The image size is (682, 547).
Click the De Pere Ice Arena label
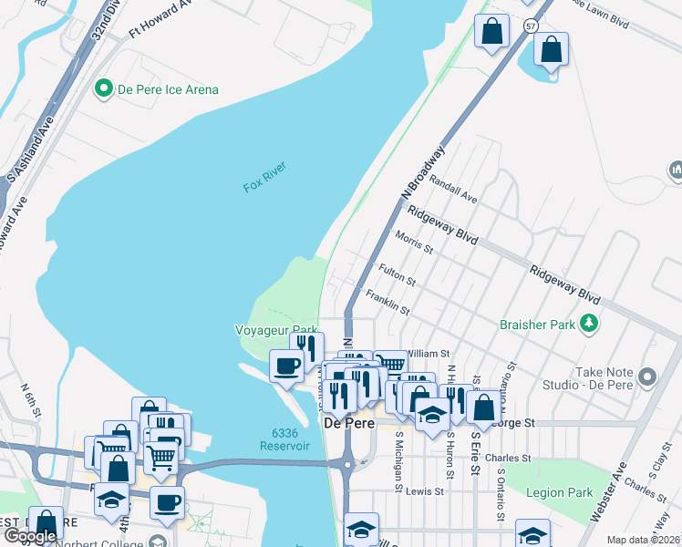click(168, 89)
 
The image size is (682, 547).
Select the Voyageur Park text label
click(276, 330)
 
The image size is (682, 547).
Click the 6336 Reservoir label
click(284, 439)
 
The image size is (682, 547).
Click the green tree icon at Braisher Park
click(589, 324)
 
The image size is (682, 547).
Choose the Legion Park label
click(559, 492)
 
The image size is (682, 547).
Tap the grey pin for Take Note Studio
click(648, 376)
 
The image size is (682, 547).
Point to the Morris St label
click(414, 242)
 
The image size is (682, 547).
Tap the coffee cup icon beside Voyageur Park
click(286, 366)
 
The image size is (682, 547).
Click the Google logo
click(30, 536)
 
